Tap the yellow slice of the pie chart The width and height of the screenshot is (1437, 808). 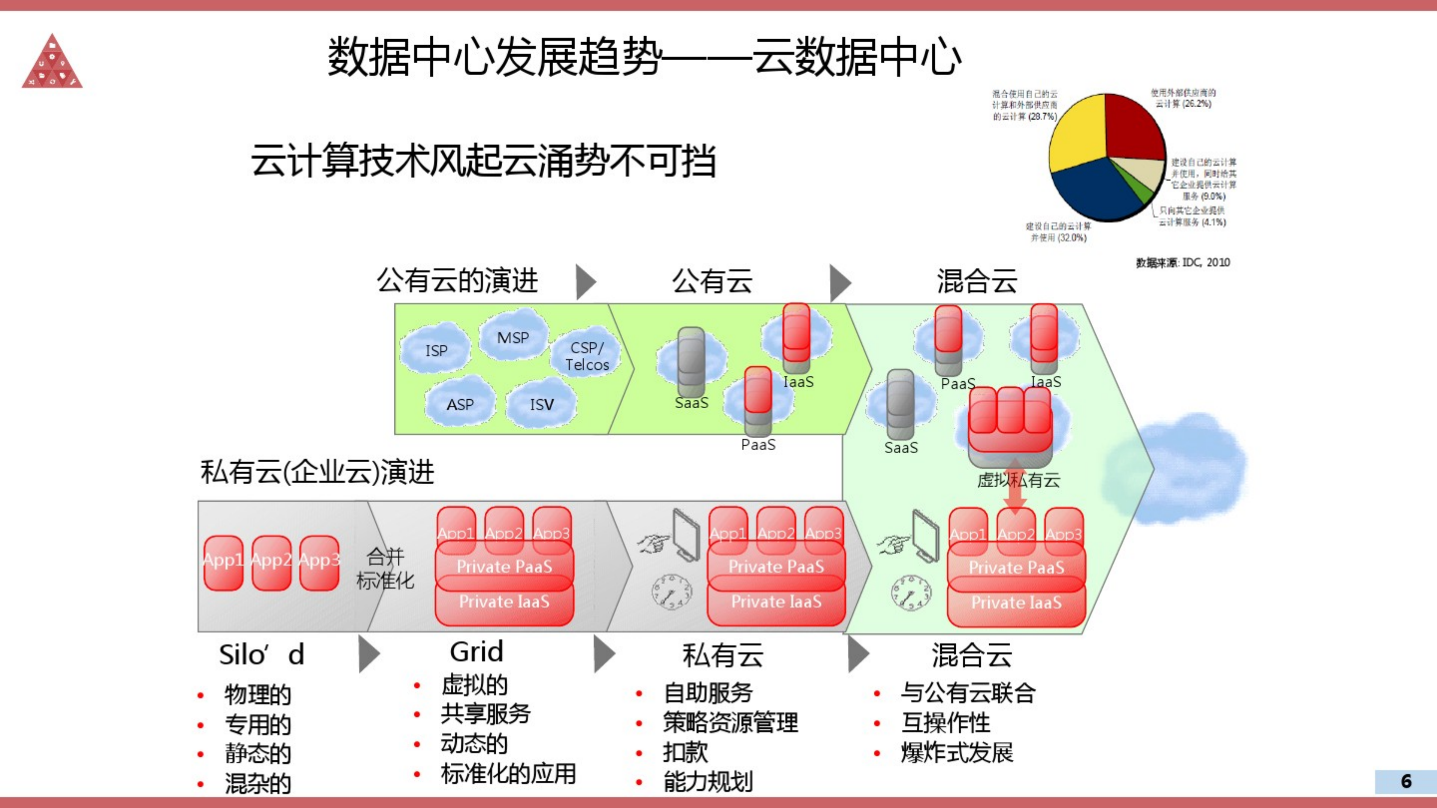click(x=1077, y=134)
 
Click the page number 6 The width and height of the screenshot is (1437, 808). click(x=1406, y=781)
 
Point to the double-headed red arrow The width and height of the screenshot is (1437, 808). click(x=1015, y=486)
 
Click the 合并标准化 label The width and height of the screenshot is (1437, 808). click(x=385, y=569)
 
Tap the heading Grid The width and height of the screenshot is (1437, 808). click(x=477, y=651)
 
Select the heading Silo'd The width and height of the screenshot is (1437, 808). click(x=261, y=655)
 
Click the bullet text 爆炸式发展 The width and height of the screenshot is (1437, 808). click(x=957, y=753)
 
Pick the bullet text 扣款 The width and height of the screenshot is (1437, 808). click(x=685, y=753)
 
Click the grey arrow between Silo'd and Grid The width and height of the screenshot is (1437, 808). click(x=369, y=653)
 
